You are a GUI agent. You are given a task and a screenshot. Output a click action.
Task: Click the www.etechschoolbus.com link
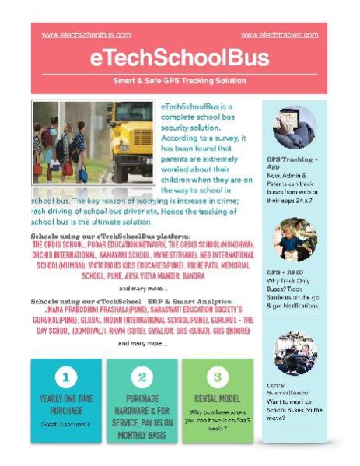(x=86, y=34)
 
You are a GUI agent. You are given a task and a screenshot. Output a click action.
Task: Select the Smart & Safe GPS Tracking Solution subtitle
(x=180, y=81)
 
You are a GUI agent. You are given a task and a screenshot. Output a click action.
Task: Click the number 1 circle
(x=66, y=377)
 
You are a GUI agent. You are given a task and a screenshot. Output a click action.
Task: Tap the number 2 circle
(x=142, y=377)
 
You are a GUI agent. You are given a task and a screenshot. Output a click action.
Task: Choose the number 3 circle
(x=217, y=377)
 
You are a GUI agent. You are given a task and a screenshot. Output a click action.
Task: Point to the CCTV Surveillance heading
(x=288, y=388)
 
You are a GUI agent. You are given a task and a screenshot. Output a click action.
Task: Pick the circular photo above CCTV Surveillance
(x=295, y=352)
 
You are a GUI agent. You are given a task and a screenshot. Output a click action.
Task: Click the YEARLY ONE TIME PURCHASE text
(x=66, y=405)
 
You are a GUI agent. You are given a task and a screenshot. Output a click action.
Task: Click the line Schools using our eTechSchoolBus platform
(x=110, y=234)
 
